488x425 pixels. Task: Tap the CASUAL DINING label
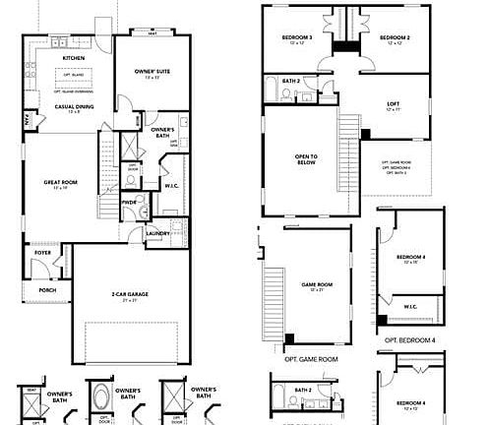(x=61, y=106)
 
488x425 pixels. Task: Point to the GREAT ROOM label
(x=60, y=182)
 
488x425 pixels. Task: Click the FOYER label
(x=42, y=253)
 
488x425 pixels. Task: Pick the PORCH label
(x=46, y=290)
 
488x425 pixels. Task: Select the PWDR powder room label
(x=129, y=203)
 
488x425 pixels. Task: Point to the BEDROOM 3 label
(x=297, y=38)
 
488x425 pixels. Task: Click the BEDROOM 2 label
(x=395, y=38)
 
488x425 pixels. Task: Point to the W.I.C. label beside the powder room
(x=170, y=185)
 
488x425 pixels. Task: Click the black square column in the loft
(x=366, y=134)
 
